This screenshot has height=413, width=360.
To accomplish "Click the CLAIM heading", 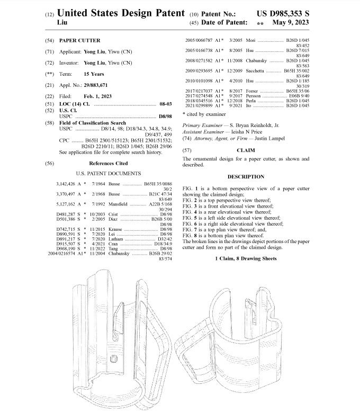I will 245,150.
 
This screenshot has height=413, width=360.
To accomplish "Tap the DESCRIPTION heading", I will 245,177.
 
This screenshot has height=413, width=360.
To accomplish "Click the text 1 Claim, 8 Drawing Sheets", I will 245,258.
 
